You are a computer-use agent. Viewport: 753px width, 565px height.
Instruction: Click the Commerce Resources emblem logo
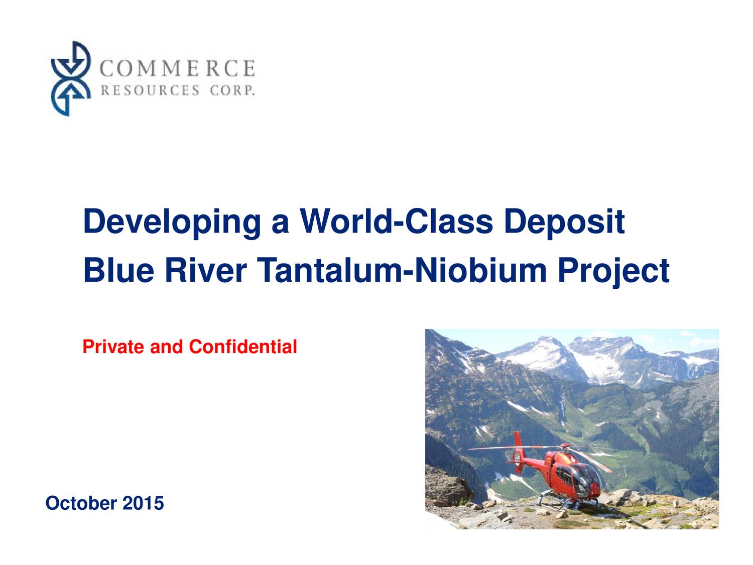pyautogui.click(x=71, y=79)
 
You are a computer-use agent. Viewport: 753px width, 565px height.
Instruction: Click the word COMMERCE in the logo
pyautogui.click(x=177, y=68)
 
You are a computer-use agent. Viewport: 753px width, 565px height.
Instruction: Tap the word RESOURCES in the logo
pyautogui.click(x=150, y=90)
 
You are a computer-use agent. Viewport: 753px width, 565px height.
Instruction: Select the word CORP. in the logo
pyautogui.click(x=232, y=90)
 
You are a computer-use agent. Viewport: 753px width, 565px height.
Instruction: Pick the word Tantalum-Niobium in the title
pyautogui.click(x=402, y=270)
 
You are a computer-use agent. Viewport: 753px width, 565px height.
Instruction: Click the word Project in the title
pyautogui.click(x=613, y=271)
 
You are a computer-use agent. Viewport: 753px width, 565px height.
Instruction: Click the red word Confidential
pyautogui.click(x=243, y=347)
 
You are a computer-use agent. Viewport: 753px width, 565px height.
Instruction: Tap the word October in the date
pyautogui.click(x=81, y=503)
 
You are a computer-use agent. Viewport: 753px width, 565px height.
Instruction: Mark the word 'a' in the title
pyautogui.click(x=280, y=222)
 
